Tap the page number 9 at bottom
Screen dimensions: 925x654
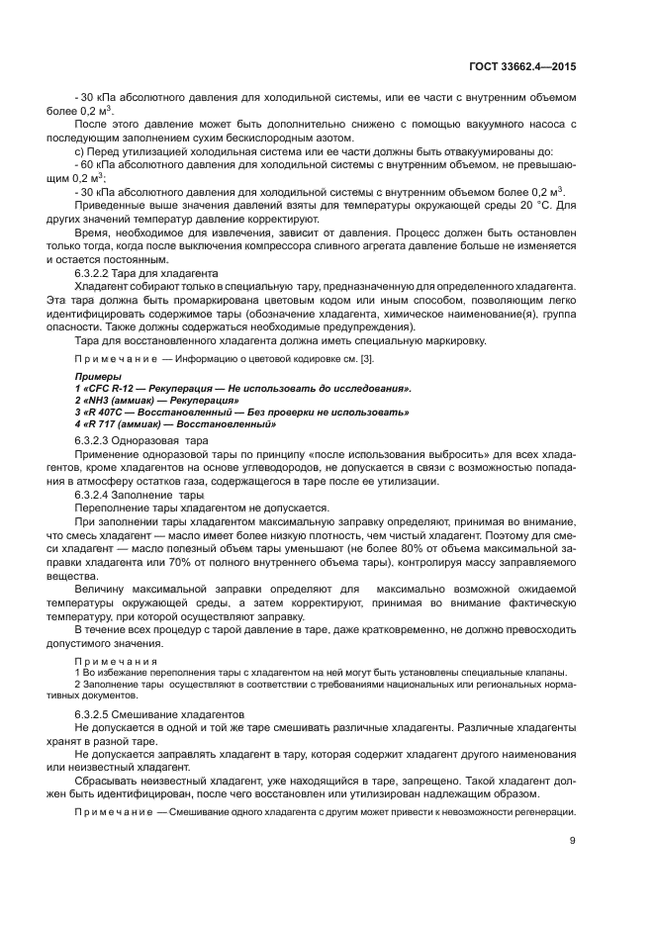pos(573,841)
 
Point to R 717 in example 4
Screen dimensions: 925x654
pos(101,423)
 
